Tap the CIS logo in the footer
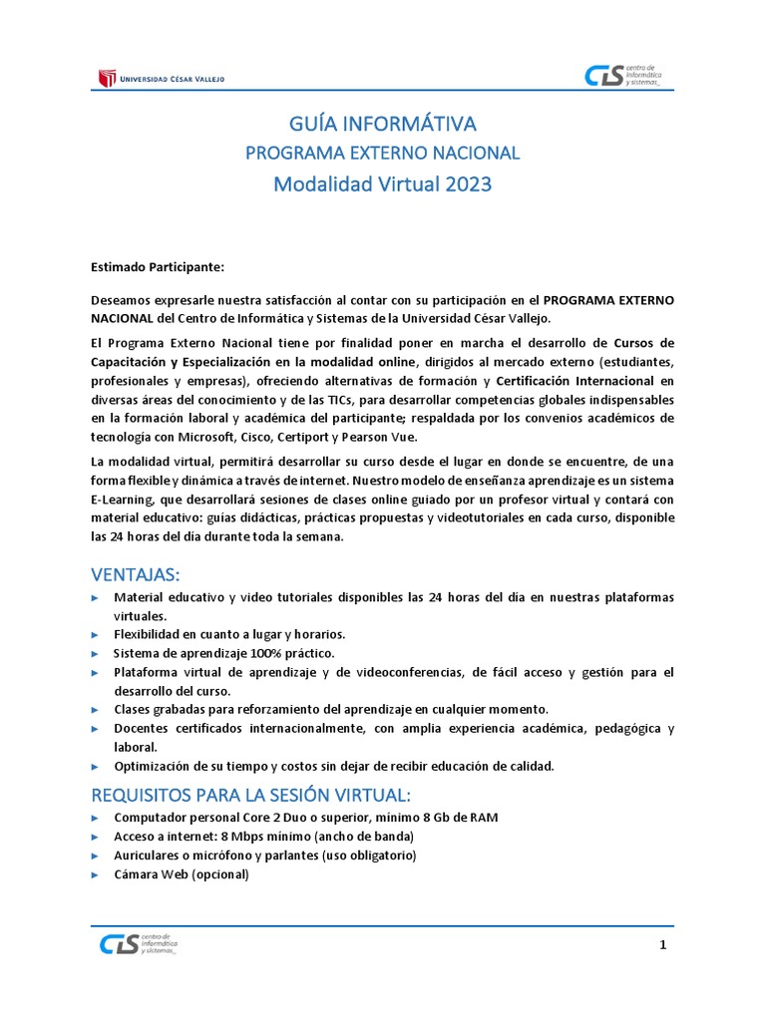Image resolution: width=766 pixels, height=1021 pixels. [139, 944]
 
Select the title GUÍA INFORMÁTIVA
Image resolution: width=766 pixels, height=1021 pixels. [383, 125]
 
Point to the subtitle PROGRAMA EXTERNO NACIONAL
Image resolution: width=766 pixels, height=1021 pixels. [383, 154]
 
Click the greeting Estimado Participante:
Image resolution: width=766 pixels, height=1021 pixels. [158, 267]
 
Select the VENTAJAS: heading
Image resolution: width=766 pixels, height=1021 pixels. [137, 574]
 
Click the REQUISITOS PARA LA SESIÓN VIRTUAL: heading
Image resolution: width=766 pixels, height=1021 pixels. [250, 795]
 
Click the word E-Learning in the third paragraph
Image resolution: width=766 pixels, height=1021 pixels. [124, 500]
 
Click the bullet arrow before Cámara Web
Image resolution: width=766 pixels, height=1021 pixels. [95, 874]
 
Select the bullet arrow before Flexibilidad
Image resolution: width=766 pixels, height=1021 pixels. [95, 634]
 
